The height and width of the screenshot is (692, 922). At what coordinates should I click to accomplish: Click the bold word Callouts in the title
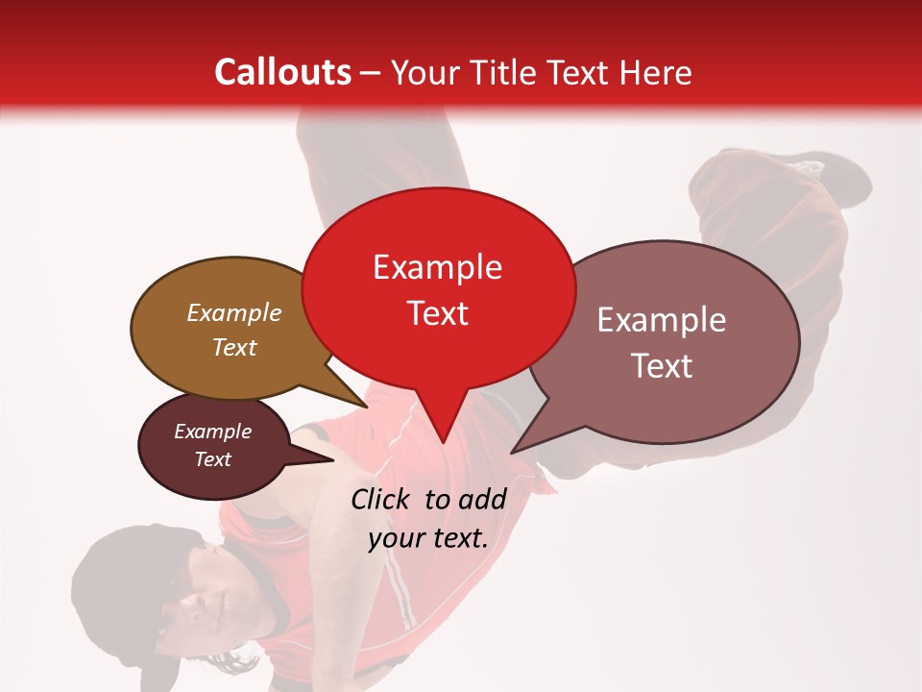[282, 72]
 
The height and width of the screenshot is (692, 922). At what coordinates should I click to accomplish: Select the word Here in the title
[654, 72]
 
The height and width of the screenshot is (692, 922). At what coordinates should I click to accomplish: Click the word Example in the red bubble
[437, 267]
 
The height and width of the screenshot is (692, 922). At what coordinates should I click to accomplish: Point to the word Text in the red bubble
[437, 313]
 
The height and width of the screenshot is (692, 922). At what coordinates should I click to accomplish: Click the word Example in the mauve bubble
[662, 320]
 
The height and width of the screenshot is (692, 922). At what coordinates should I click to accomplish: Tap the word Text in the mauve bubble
[662, 366]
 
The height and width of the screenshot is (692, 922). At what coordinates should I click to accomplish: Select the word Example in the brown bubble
[233, 312]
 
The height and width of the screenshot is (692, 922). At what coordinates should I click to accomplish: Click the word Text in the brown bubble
[233, 347]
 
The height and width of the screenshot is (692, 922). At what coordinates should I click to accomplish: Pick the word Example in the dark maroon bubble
[212, 432]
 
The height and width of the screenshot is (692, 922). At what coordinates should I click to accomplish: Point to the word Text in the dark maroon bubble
[212, 459]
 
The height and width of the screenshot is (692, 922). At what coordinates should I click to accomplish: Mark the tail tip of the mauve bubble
[513, 452]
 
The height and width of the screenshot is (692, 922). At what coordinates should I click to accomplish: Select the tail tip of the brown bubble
[369, 406]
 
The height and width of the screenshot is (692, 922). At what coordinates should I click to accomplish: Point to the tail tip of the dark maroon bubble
[333, 459]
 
